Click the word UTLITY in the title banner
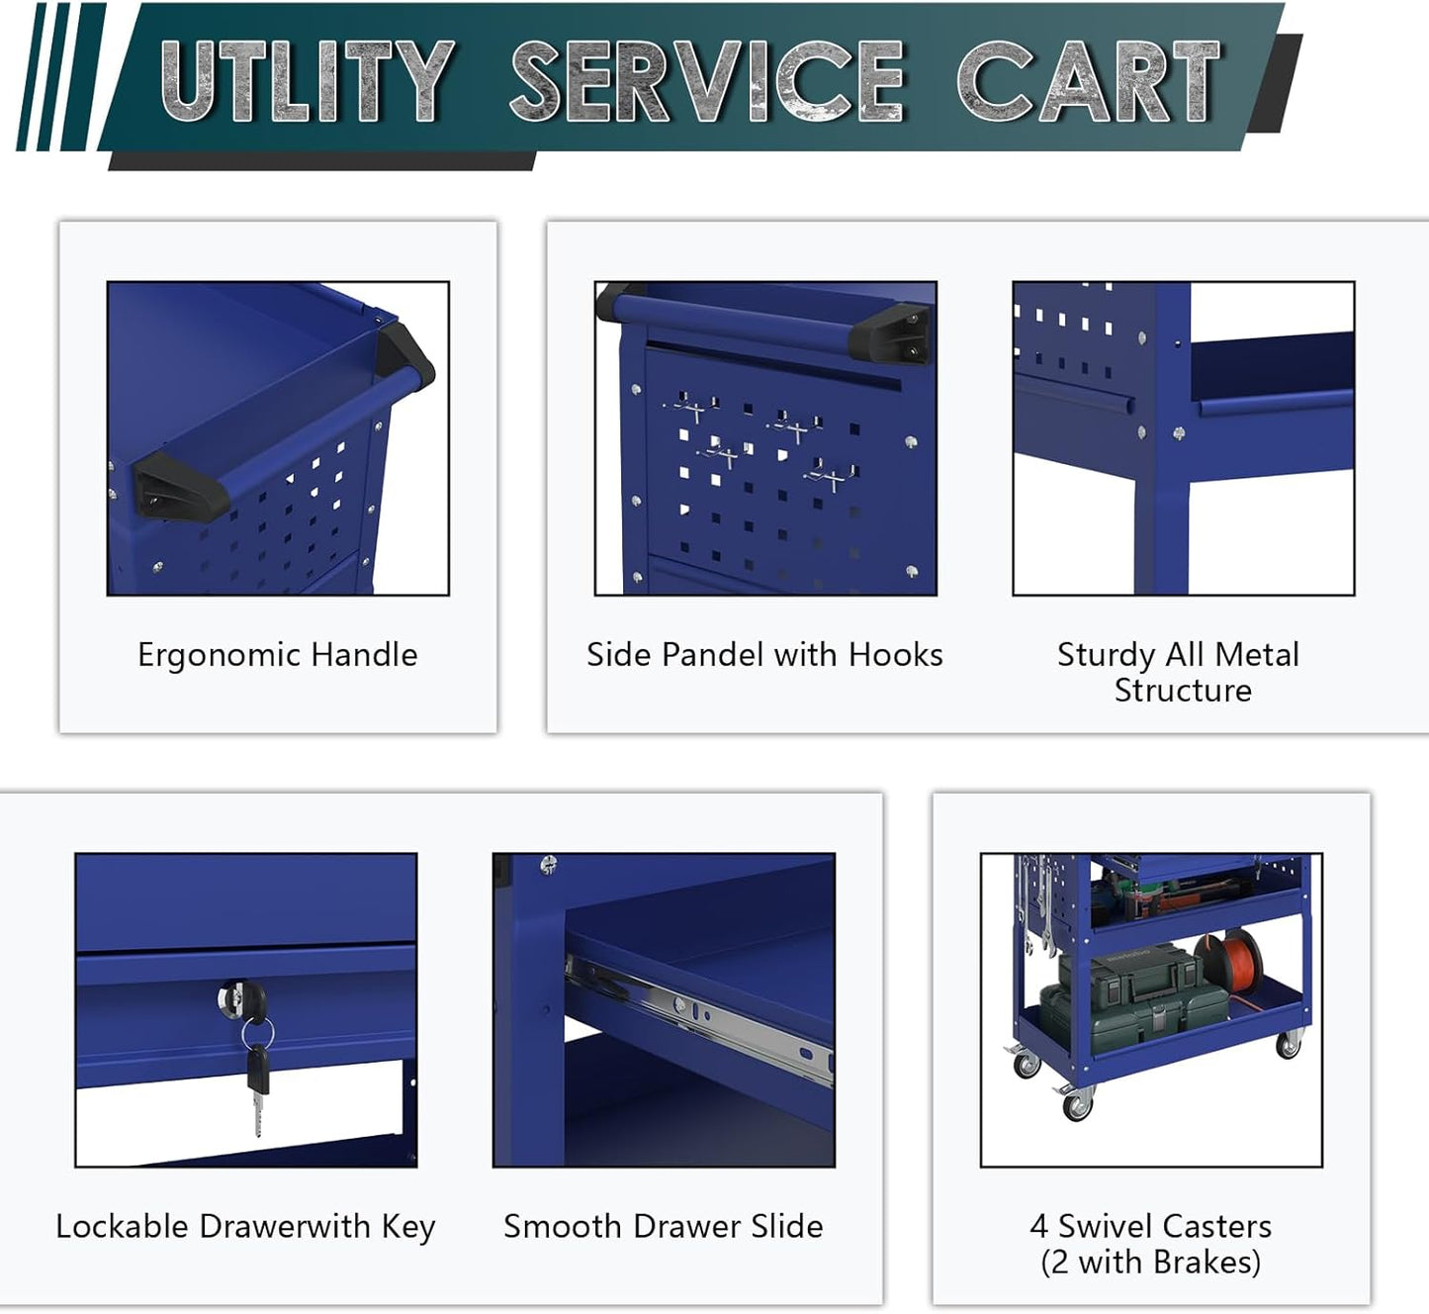pos(307,82)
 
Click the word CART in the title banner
pos(1088,82)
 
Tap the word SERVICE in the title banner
pos(706,82)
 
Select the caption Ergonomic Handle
pos(277,655)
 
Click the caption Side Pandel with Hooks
pos(764,655)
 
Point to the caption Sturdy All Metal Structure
pos(1178,672)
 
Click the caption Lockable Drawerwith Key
pos(245,1227)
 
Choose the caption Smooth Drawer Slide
pos(663,1227)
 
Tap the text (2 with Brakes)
pos(1150,1263)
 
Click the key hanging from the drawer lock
pos(257,1088)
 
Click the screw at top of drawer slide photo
pos(549,864)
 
